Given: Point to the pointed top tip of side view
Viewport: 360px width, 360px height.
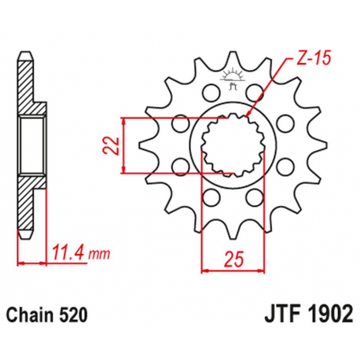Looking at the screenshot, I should pyautogui.click(x=26, y=54).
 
